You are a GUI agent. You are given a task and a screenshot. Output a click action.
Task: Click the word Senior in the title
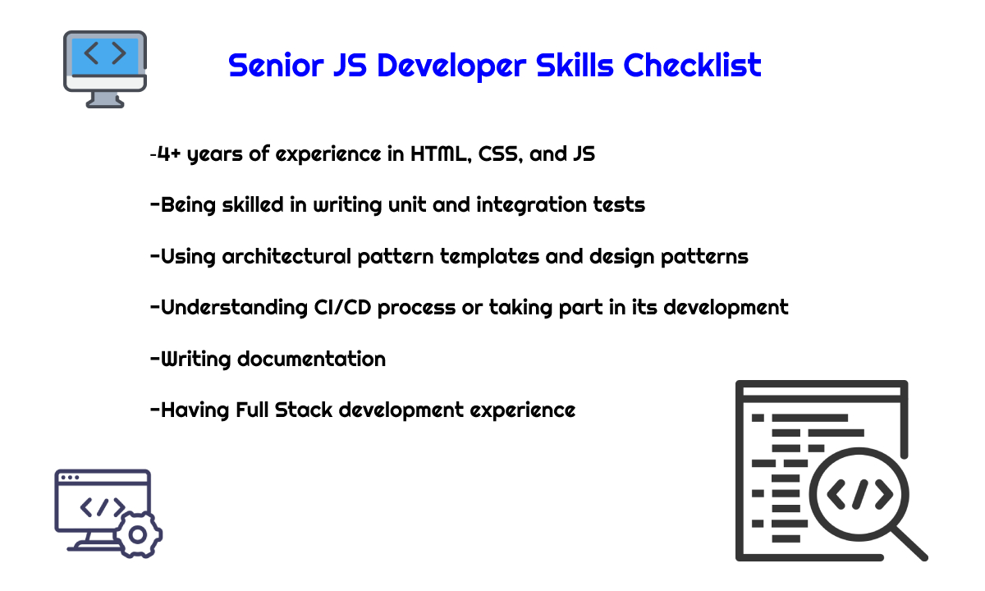pyautogui.click(x=276, y=66)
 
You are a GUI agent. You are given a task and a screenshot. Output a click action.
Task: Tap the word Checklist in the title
pyautogui.click(x=692, y=66)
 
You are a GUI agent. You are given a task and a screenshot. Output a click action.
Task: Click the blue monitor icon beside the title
pyautogui.click(x=105, y=69)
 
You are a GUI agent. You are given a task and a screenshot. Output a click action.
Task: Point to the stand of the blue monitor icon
pyautogui.click(x=105, y=100)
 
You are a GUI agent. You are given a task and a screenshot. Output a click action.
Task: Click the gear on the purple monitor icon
pyautogui.click(x=138, y=534)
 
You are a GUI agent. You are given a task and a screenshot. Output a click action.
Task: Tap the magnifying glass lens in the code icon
pyautogui.click(x=859, y=494)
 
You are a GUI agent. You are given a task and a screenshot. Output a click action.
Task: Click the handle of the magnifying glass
pyautogui.click(x=910, y=544)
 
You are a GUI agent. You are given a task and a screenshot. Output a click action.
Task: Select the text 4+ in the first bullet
pyautogui.click(x=169, y=154)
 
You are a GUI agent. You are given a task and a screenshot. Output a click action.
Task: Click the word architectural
pyautogui.click(x=286, y=256)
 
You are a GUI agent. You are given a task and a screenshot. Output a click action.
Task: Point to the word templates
pyautogui.click(x=489, y=257)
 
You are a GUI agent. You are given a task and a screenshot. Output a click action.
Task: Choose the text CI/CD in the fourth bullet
pyautogui.click(x=342, y=307)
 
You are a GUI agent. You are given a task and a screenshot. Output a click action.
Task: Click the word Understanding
pyautogui.click(x=234, y=308)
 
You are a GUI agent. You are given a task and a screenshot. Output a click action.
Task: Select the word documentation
pyautogui.click(x=311, y=359)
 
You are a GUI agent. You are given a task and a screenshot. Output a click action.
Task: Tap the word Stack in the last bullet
pyautogui.click(x=304, y=410)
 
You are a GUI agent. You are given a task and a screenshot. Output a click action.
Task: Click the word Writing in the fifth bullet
pyautogui.click(x=195, y=360)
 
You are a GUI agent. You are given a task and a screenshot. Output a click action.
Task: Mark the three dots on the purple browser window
pyautogui.click(x=70, y=478)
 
